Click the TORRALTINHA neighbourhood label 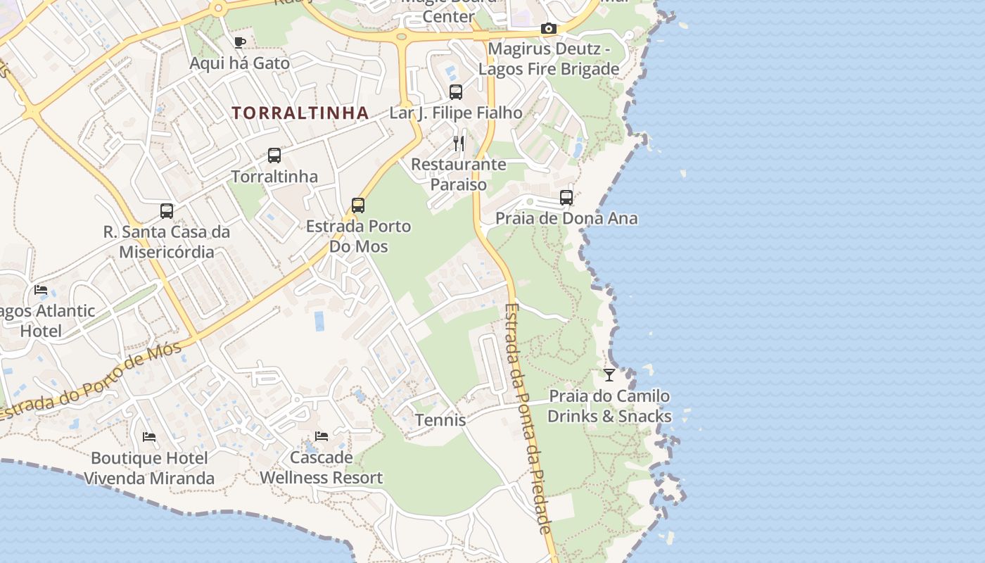(300, 113)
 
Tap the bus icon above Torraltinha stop (274, 156)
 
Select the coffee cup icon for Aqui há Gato (240, 42)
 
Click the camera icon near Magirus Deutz (548, 29)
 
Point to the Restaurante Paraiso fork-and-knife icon (459, 144)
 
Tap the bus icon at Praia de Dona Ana (566, 198)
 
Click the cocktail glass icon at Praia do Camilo (609, 375)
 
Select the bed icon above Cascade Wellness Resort (322, 436)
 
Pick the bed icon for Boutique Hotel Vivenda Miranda (149, 437)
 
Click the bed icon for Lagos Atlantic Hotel (41, 290)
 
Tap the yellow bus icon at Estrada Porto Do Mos (358, 205)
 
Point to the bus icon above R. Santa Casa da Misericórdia (167, 210)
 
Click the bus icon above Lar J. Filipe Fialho (456, 91)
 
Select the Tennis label (440, 420)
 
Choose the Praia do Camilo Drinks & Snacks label (609, 406)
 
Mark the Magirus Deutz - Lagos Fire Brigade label (549, 59)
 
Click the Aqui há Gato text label (240, 63)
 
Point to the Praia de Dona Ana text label (566, 218)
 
